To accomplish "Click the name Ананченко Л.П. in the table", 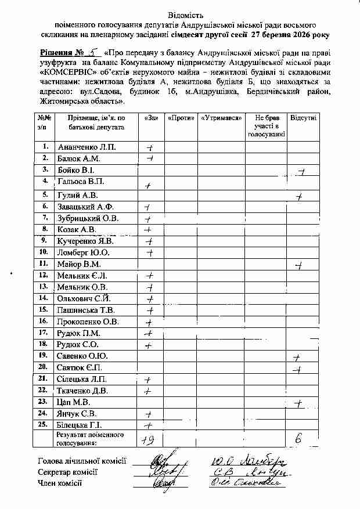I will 86,147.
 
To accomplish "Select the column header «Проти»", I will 181,118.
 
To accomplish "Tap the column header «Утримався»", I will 221,118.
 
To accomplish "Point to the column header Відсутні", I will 303,118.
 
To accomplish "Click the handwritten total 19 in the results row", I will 149,439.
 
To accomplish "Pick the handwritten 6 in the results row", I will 298,439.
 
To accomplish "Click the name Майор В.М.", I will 79,264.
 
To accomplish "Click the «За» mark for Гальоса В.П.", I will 149,185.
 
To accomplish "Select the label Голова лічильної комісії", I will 82,461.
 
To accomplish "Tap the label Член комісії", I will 60,482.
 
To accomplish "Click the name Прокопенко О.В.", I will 88,321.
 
